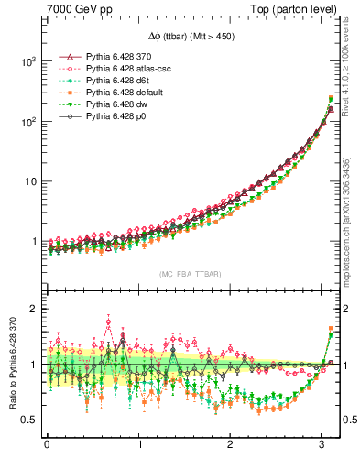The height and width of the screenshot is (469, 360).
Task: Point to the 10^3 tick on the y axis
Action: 27,61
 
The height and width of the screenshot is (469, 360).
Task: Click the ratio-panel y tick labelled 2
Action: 33,309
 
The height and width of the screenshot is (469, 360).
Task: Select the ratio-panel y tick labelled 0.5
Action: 28,420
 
